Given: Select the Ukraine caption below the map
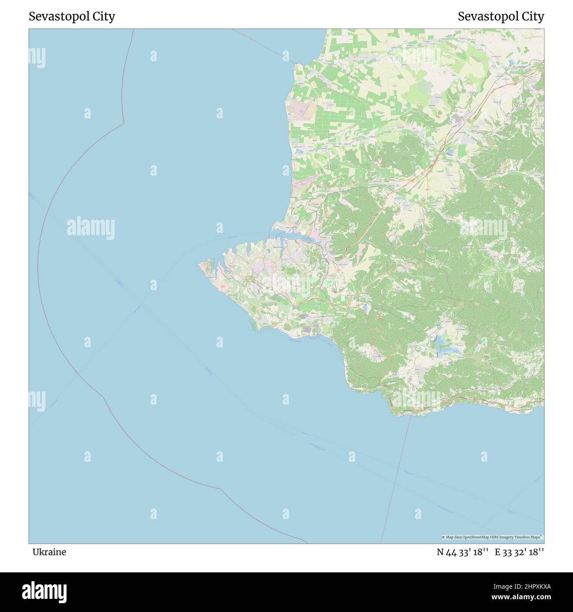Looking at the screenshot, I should pos(49,552).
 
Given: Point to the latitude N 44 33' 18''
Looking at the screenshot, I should pos(462,552).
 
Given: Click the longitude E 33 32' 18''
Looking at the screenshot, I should pos(519,552).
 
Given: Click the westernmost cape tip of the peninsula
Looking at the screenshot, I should pos(199,265).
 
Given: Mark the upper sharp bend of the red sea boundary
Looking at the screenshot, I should pos(123,124).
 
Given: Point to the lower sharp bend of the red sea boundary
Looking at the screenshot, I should pos(220,488).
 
